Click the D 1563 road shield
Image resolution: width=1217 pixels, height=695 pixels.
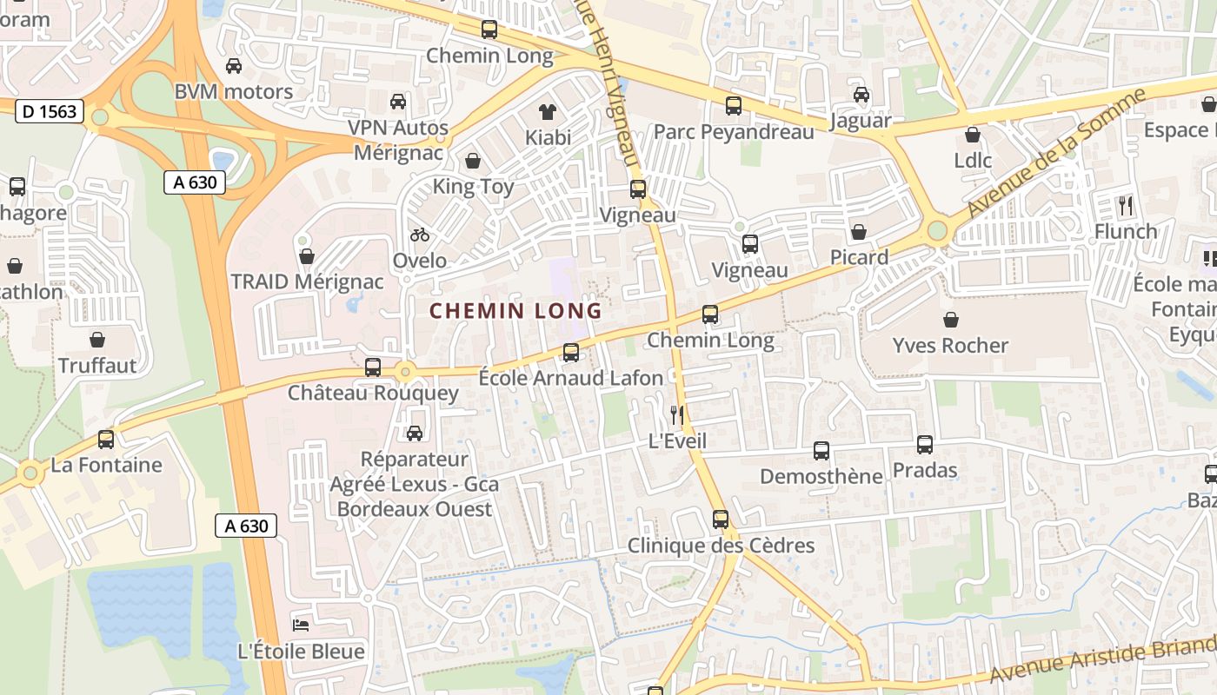tap(50, 111)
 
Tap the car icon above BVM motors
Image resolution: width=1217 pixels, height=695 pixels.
tap(233, 66)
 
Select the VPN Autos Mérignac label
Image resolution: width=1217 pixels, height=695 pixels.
tap(398, 140)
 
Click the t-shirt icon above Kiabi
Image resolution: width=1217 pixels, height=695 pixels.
tap(548, 111)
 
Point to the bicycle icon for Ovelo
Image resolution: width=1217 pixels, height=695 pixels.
tap(420, 235)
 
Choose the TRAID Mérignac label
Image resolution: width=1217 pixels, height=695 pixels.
tap(307, 281)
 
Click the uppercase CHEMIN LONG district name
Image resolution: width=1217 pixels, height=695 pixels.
tap(515, 311)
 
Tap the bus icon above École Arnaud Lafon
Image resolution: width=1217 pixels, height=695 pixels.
tap(571, 352)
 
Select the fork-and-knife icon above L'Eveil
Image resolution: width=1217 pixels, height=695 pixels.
tap(677, 415)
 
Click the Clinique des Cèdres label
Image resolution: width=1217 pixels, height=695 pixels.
tap(721, 546)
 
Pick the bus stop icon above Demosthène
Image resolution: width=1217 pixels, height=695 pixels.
tap(821, 451)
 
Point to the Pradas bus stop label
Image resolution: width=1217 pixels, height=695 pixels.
tap(925, 471)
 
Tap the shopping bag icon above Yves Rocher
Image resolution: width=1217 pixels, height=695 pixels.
tap(951, 320)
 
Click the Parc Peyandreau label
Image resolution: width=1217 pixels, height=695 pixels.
tap(734, 132)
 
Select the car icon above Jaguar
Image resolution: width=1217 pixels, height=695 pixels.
tap(861, 95)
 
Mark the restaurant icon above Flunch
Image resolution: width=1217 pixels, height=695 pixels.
tap(1126, 206)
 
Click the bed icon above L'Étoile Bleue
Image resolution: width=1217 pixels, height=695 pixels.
tap(301, 625)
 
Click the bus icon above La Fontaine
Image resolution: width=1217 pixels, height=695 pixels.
tap(106, 440)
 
